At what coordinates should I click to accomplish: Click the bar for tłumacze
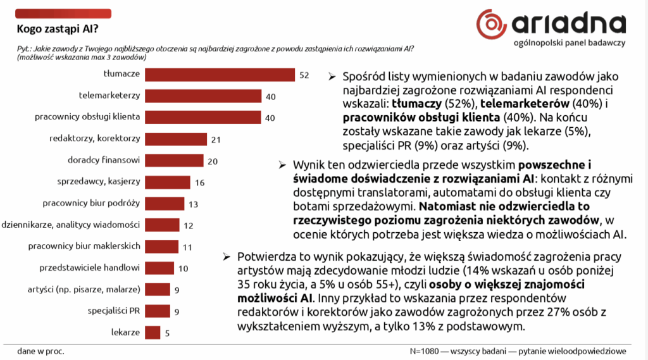click(220, 75)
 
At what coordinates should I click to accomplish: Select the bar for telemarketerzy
click(202, 96)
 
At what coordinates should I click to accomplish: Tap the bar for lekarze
click(152, 333)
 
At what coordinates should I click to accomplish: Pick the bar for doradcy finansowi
click(174, 161)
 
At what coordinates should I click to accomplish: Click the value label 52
click(304, 75)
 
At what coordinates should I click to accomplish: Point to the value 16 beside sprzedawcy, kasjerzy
click(199, 182)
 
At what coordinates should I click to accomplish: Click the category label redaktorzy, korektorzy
click(94, 139)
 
